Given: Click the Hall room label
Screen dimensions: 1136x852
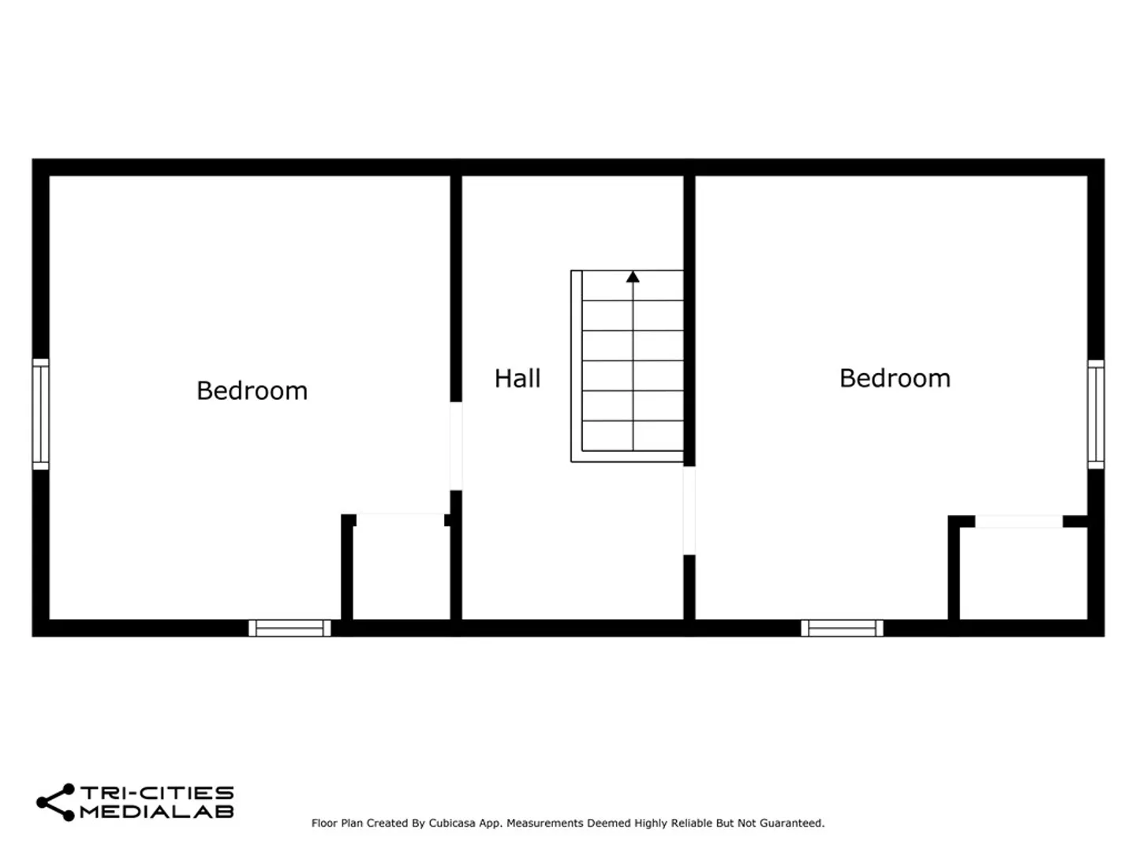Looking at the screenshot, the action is pos(517,378).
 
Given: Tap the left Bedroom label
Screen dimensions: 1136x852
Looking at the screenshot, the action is pos(252,390).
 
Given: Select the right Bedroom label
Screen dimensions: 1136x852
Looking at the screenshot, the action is pos(895,378).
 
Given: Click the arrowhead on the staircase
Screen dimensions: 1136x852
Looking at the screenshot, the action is pos(633,277).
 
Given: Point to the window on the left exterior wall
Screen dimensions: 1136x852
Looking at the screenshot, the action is pos(41,414).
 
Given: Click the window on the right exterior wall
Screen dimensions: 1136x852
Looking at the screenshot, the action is pos(1096,414).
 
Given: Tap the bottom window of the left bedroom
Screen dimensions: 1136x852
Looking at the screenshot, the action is pos(290,628).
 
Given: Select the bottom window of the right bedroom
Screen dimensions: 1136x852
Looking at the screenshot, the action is pos(842,628).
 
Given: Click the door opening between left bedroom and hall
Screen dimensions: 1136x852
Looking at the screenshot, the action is pos(455,446).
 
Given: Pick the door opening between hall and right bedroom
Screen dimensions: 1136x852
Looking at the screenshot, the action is pos(689,510).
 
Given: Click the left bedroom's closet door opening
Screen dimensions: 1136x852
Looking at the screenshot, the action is pos(400,519).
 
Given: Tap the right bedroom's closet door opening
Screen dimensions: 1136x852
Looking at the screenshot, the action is pos(1018,521).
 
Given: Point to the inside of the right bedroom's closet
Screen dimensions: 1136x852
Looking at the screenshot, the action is pos(1023,574).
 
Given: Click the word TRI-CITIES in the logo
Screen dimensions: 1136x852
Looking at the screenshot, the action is pos(157,793).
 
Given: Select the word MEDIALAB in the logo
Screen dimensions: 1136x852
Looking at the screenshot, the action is pos(157,812).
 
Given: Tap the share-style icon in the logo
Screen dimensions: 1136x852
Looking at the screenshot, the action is pos(56,802).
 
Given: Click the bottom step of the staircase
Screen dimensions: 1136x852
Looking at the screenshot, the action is pos(633,435).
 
